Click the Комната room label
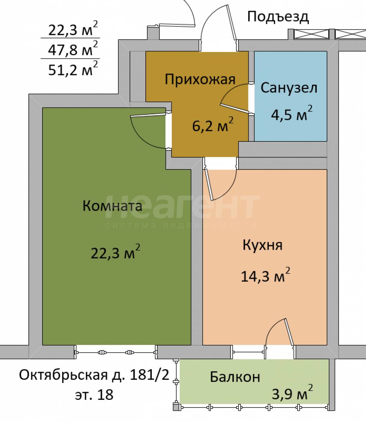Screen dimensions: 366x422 [x=112, y=206]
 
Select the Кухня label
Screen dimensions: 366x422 [x=262, y=245]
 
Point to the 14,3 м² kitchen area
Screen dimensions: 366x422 [x=266, y=275]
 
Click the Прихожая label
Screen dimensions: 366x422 [x=200, y=79]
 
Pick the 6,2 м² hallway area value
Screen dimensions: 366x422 [x=213, y=124]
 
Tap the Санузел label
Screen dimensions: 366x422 [x=289, y=88]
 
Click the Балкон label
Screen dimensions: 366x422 [x=235, y=377]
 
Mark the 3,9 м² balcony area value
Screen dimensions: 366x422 [x=293, y=392]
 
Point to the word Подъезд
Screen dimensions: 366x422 [x=278, y=17]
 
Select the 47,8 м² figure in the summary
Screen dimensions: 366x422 [x=73, y=48]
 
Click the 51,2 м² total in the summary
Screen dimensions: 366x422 [x=73, y=69]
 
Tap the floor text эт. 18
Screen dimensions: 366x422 [x=94, y=395]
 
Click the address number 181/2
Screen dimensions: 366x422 [x=150, y=375]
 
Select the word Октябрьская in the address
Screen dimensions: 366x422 [x=63, y=375]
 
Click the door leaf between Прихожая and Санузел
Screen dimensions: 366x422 [x=235, y=108]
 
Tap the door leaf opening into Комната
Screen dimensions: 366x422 [x=148, y=115]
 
